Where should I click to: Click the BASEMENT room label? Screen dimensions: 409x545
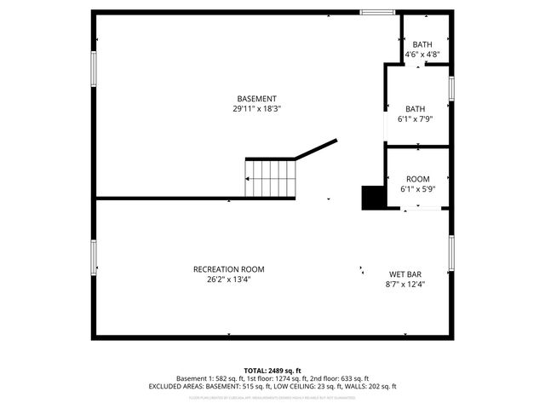click(x=256, y=99)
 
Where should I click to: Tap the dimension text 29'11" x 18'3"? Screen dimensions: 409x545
click(x=256, y=109)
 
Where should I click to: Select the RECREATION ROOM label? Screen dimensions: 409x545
click(x=228, y=269)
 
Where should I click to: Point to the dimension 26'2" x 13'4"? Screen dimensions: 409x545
click(x=228, y=279)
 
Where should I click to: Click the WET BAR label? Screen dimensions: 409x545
click(x=406, y=274)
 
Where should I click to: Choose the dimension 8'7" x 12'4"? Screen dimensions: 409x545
click(x=406, y=285)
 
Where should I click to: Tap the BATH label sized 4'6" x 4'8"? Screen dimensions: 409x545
click(x=422, y=45)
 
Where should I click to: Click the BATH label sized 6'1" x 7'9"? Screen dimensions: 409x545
click(x=415, y=109)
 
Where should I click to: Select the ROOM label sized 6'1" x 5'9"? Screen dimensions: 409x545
click(x=417, y=179)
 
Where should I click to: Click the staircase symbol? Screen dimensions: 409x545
click(x=271, y=178)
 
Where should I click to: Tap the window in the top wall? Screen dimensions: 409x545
click(x=376, y=12)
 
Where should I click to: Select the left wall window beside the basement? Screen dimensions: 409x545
click(x=94, y=68)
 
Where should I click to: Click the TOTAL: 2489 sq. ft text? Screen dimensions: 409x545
click(x=272, y=371)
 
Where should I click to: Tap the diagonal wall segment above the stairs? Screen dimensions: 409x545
click(x=317, y=149)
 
